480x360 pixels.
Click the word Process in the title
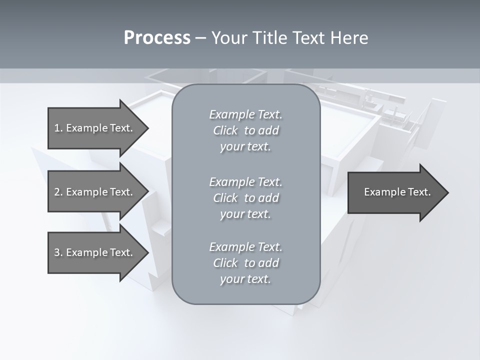point(157,38)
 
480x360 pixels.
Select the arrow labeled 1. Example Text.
point(93,128)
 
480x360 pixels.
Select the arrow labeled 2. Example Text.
point(93,192)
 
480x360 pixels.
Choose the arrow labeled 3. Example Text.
point(93,252)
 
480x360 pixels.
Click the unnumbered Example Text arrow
point(397,192)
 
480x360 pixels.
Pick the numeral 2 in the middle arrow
point(57,192)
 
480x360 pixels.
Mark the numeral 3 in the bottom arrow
point(57,252)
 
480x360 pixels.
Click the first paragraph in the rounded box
point(245,130)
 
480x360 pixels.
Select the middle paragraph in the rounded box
point(245,198)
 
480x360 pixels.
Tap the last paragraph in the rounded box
point(245,263)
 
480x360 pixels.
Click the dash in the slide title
point(200,38)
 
